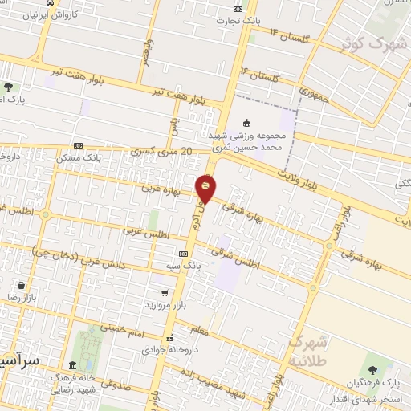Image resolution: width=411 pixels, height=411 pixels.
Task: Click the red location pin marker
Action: point(206,188)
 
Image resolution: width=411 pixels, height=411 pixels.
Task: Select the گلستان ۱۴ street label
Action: point(291,35)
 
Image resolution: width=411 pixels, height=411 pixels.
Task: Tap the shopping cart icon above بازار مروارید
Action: point(165,294)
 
